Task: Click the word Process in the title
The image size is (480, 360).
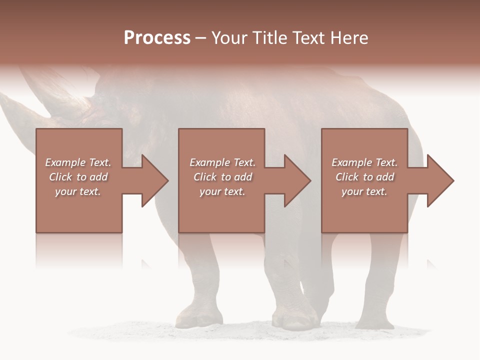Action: coord(157,38)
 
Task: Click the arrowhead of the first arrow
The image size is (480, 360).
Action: coord(154,180)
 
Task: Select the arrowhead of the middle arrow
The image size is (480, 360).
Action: coord(297,180)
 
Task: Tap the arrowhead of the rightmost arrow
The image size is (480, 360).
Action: coord(440,180)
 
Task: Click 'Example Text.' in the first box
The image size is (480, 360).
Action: coord(78,162)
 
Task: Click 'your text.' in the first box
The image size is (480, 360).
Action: coord(78,191)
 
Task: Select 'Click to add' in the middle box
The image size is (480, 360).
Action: coord(222,177)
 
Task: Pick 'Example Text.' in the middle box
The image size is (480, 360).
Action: coord(222,162)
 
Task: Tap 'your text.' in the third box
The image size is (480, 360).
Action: coord(364,191)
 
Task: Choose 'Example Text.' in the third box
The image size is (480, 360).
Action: coord(364,162)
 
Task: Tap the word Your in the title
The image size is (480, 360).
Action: coord(228,38)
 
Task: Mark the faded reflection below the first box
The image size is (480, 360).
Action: coord(79,250)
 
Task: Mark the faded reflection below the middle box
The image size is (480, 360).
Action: coord(221,250)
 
